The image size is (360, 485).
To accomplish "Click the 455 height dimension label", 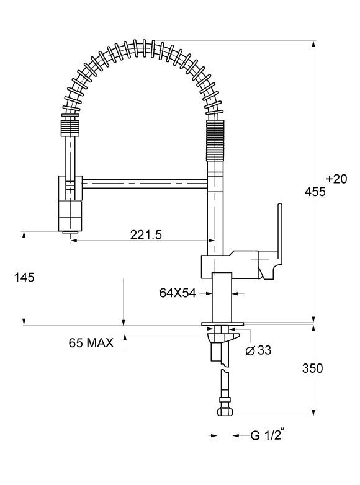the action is click(x=315, y=192).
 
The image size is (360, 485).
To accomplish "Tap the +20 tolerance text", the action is click(x=337, y=179).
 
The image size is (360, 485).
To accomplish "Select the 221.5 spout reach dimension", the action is click(x=146, y=235).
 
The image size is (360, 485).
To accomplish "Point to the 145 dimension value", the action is click(x=24, y=277).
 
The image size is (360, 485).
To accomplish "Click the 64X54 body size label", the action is click(x=178, y=293).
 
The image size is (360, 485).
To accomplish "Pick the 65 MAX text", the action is click(x=91, y=343).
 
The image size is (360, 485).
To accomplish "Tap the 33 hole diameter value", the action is click(x=264, y=350).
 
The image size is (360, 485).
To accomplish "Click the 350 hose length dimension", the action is click(x=312, y=368).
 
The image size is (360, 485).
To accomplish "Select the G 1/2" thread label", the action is click(x=268, y=435).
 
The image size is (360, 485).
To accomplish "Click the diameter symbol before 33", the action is click(x=250, y=351).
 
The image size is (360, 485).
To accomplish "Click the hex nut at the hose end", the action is click(x=225, y=412).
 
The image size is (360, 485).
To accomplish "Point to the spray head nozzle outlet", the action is click(x=71, y=231).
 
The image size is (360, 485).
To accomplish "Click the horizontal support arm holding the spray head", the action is click(x=145, y=184).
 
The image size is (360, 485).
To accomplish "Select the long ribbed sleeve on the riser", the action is click(x=215, y=140).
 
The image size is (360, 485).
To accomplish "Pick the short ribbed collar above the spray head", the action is click(x=71, y=128).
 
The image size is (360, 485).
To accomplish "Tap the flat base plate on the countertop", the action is click(x=223, y=324).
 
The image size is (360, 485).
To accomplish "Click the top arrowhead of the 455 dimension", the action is click(x=314, y=44).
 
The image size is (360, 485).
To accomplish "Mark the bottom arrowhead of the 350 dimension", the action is click(x=314, y=412).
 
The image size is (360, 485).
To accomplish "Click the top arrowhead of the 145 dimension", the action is click(x=24, y=235).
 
